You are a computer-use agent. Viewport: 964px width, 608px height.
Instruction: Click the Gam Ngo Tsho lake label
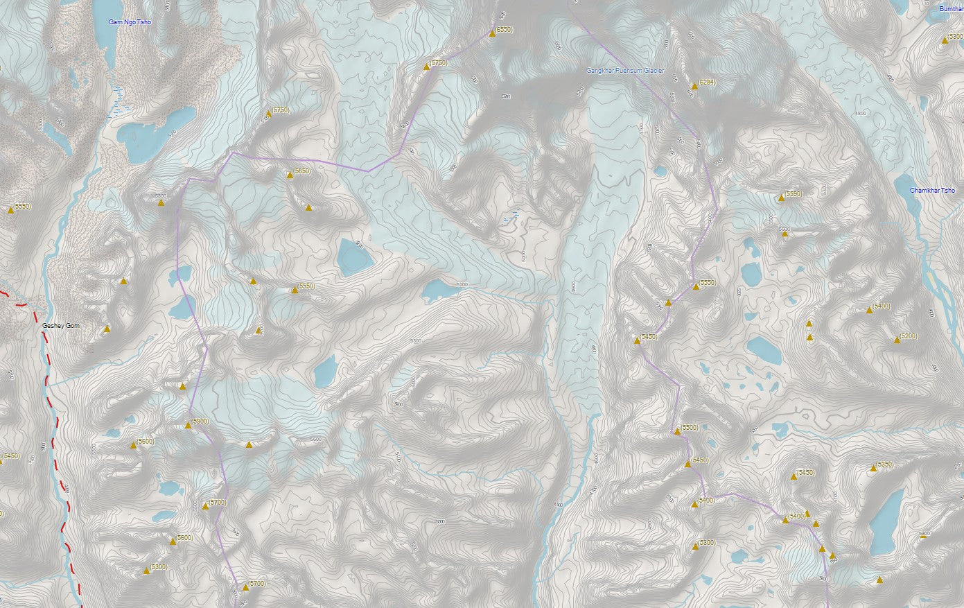[x=130, y=23]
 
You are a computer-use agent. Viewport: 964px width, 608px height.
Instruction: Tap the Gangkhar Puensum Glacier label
[x=625, y=71]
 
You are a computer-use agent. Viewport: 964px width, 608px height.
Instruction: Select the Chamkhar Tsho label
[x=932, y=191]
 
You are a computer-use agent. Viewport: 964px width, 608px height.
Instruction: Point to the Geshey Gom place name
[x=61, y=325]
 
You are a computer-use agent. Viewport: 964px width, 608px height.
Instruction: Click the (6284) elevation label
[x=707, y=82]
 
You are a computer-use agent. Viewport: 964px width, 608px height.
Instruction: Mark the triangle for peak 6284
[x=694, y=87]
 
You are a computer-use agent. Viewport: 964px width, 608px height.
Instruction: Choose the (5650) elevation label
[x=302, y=171]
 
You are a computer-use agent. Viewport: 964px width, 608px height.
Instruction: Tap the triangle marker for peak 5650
[x=290, y=175]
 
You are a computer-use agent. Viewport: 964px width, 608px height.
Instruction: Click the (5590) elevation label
[x=794, y=194]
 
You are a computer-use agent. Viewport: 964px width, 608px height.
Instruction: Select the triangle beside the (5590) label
[x=781, y=198]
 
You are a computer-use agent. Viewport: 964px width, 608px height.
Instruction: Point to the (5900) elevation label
[x=200, y=422]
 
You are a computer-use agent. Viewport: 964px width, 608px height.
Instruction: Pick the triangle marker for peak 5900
[x=188, y=426]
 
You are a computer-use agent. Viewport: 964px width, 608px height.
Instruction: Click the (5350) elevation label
[x=885, y=464]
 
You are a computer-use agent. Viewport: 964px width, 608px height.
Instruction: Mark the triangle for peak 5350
[x=873, y=469]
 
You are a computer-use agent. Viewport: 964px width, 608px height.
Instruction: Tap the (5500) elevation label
[x=690, y=428]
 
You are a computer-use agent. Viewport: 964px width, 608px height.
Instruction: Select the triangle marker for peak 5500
[x=677, y=432]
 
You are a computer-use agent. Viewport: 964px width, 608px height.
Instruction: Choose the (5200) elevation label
[x=909, y=336]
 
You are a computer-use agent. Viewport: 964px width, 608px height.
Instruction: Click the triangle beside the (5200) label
[x=897, y=340]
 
